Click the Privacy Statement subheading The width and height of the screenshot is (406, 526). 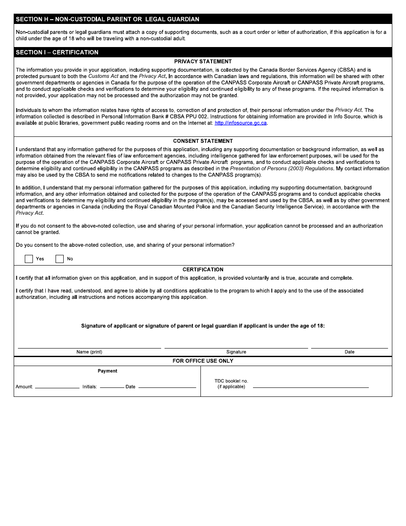pos(203,62)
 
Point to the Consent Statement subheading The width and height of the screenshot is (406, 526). pos(203,141)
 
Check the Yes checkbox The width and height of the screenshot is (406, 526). pos(29,259)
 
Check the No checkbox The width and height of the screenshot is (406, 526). pos(60,259)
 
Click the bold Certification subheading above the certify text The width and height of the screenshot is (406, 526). pos(203,270)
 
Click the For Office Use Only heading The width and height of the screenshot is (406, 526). pos(203,361)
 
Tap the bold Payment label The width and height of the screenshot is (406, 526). pos(107,371)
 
